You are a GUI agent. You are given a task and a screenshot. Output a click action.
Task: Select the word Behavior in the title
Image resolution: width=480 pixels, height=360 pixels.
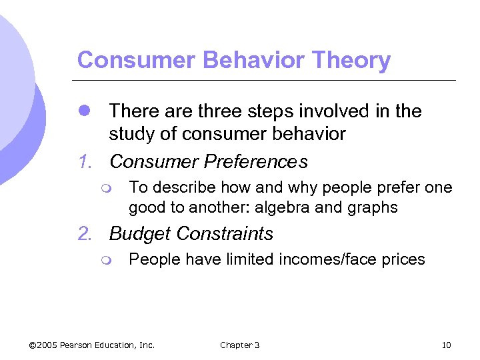pos(233,61)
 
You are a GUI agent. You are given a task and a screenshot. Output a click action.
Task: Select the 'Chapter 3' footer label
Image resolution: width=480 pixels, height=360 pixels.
pos(240,345)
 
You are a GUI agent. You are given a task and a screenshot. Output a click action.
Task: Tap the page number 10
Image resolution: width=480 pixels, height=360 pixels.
pos(447,345)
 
